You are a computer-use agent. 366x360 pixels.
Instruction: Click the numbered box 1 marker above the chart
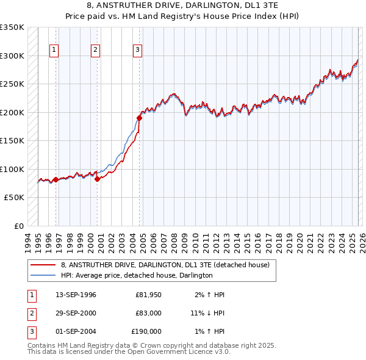click(x=55, y=50)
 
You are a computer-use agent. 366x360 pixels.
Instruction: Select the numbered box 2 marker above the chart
click(x=96, y=50)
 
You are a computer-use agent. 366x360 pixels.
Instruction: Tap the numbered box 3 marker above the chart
click(x=138, y=50)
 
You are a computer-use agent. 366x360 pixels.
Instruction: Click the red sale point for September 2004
click(x=139, y=118)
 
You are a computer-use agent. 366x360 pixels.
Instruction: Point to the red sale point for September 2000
click(x=97, y=179)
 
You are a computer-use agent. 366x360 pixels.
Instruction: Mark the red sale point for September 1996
click(x=56, y=179)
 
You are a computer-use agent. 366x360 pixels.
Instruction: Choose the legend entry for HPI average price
click(x=137, y=276)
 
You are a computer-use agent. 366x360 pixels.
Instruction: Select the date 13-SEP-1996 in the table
click(x=76, y=295)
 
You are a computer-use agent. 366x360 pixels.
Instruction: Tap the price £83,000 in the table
click(x=148, y=313)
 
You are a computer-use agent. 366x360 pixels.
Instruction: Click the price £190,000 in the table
click(x=146, y=331)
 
